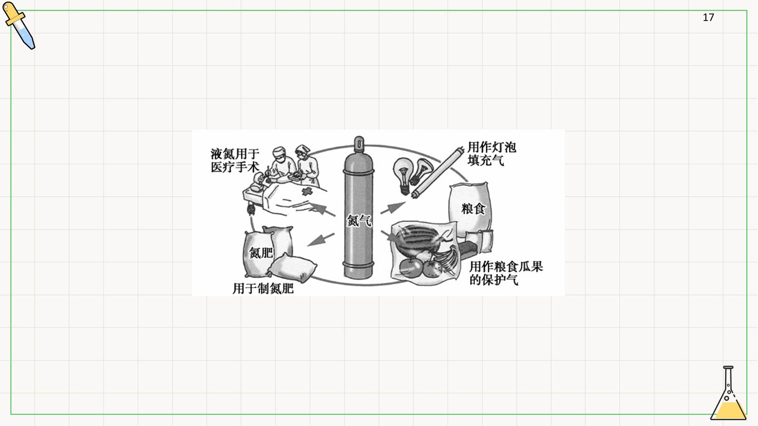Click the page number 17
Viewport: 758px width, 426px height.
click(x=708, y=18)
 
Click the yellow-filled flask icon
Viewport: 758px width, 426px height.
click(x=728, y=393)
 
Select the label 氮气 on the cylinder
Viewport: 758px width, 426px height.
click(x=359, y=220)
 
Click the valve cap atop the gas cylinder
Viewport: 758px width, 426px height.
click(x=359, y=145)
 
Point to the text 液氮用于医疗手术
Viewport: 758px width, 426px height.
click(x=235, y=160)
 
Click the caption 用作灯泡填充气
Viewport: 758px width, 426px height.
click(x=492, y=154)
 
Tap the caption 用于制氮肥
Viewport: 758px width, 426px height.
click(x=263, y=288)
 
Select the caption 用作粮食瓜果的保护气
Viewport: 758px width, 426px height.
click(x=506, y=273)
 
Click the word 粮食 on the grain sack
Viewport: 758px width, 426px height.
click(x=473, y=208)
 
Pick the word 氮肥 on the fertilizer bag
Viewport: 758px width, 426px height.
click(x=261, y=253)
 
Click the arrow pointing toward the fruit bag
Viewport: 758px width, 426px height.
click(x=390, y=236)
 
